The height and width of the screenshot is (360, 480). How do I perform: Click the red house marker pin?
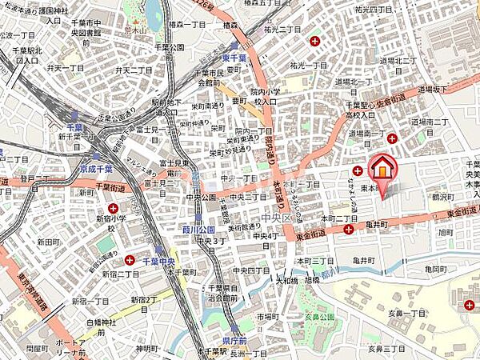(382, 170)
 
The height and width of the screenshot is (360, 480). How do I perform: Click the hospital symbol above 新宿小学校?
(114, 207)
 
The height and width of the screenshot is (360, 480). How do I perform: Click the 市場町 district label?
(268, 318)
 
